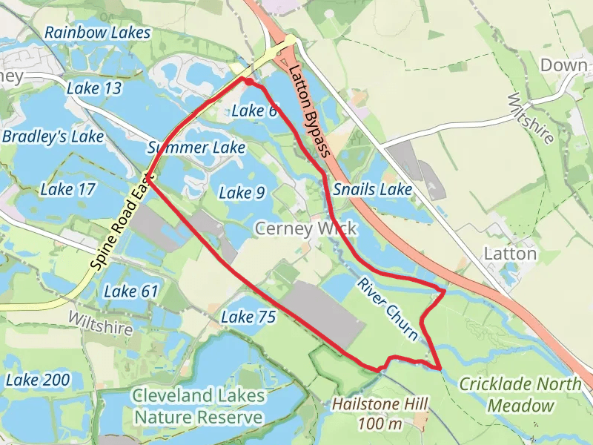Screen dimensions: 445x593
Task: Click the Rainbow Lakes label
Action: click(97, 33)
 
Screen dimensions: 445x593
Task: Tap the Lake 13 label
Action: click(93, 89)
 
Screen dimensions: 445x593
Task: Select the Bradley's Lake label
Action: click(53, 137)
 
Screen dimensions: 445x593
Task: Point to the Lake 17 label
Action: click(67, 190)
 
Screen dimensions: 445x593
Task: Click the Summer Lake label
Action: click(196, 148)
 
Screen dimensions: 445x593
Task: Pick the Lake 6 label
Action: click(254, 111)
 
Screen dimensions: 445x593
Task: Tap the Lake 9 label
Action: click(242, 193)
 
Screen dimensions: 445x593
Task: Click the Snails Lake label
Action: click(372, 190)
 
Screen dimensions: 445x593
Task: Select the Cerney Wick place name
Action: click(305, 228)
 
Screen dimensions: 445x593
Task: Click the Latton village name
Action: click(510, 254)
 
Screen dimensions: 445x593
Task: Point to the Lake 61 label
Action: click(131, 291)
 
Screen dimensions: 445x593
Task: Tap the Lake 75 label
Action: click(248, 317)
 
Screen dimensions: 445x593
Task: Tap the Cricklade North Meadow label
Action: click(520, 395)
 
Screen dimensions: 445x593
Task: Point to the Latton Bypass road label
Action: click(309, 112)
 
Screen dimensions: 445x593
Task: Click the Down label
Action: click(563, 65)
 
